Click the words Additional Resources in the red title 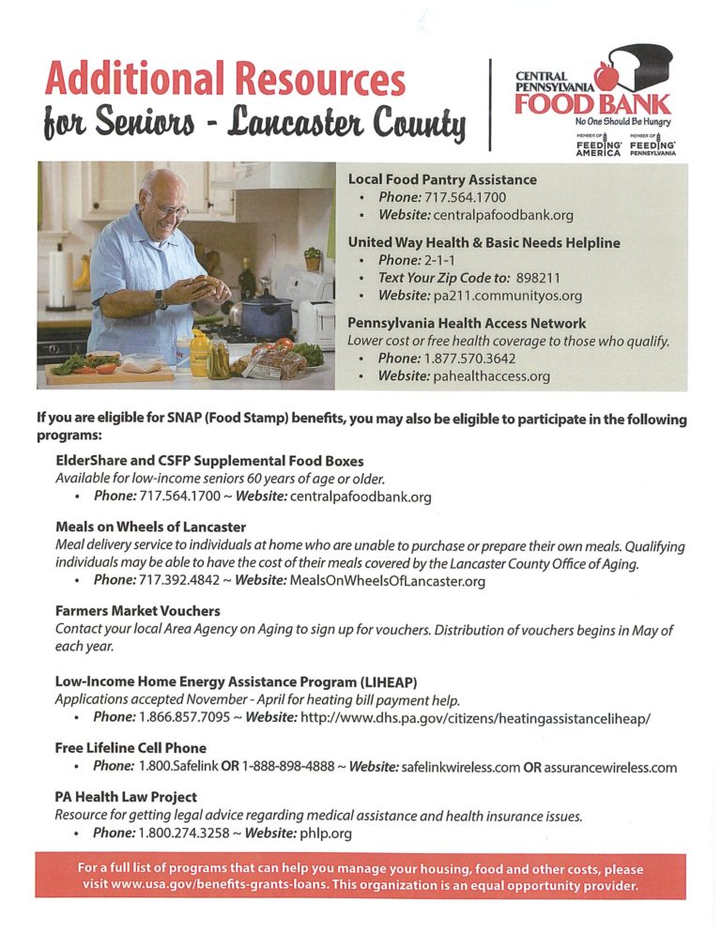point(225,79)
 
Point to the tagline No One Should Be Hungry point(622,121)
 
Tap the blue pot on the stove point(267,317)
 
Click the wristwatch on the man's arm point(161,299)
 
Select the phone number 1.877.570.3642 point(470,359)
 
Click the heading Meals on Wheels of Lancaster point(150,528)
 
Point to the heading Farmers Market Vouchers point(138,611)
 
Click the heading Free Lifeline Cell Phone point(130,748)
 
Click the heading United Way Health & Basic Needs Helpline point(483,242)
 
